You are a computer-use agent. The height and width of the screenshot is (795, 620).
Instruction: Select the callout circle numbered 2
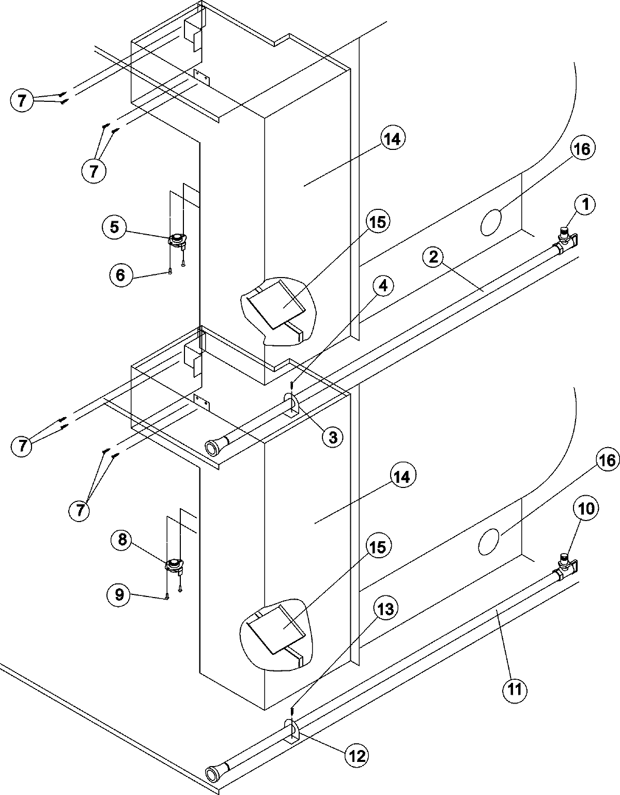coord(433,257)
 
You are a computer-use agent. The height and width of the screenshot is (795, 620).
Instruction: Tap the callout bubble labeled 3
coord(332,437)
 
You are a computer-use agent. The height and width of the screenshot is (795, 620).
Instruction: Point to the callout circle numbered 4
coord(384,285)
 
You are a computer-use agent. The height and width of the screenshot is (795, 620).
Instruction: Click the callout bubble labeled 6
coord(120,274)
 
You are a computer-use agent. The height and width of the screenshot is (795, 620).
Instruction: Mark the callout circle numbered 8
coord(122,540)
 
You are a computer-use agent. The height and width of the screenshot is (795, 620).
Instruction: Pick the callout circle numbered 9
coord(119,595)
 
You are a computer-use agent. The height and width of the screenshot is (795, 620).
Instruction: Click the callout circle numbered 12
coord(357,756)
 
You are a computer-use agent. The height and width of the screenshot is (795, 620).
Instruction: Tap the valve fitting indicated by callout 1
coord(565,235)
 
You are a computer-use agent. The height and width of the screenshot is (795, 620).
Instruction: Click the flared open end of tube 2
coord(212,447)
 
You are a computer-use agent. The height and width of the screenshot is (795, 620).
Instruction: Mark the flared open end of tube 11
coord(212,774)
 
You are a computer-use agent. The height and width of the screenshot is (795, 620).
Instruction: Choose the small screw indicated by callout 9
coord(167,598)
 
